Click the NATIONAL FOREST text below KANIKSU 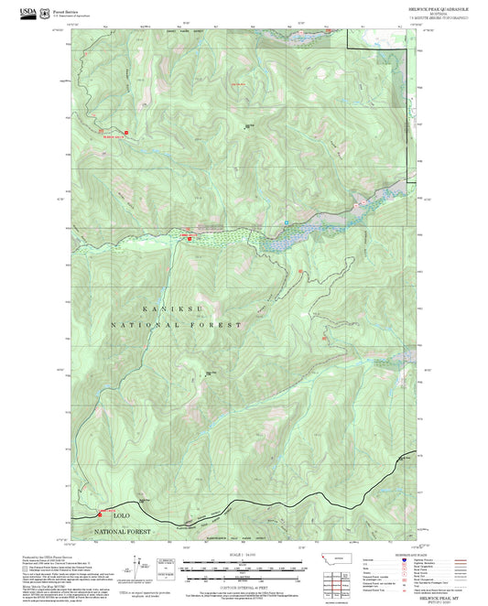point(177,325)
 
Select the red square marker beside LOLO point(100,514)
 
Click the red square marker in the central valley point(190,238)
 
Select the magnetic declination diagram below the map point(166,568)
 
